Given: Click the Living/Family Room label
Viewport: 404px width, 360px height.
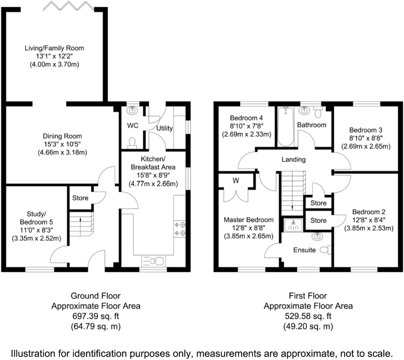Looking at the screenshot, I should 54,48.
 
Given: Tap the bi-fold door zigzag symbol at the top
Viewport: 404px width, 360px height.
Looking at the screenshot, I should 69,6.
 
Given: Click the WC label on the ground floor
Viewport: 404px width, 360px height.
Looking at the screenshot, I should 133,126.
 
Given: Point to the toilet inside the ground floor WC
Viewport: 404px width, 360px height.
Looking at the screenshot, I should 131,142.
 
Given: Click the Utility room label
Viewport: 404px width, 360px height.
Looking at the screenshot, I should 164,128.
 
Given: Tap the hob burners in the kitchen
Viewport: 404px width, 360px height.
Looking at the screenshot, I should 180,229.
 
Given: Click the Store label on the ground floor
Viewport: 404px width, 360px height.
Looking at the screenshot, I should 80,198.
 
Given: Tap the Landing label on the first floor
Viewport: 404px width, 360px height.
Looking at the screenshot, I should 293,159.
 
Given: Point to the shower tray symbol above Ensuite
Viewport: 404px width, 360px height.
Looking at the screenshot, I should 293,225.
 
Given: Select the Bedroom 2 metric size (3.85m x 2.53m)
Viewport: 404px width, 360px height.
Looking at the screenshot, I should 369,229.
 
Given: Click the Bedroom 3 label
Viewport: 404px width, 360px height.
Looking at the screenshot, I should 365,130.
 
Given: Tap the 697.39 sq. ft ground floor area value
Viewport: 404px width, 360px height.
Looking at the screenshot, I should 95,316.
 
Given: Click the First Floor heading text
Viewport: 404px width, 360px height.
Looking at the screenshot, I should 308,296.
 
